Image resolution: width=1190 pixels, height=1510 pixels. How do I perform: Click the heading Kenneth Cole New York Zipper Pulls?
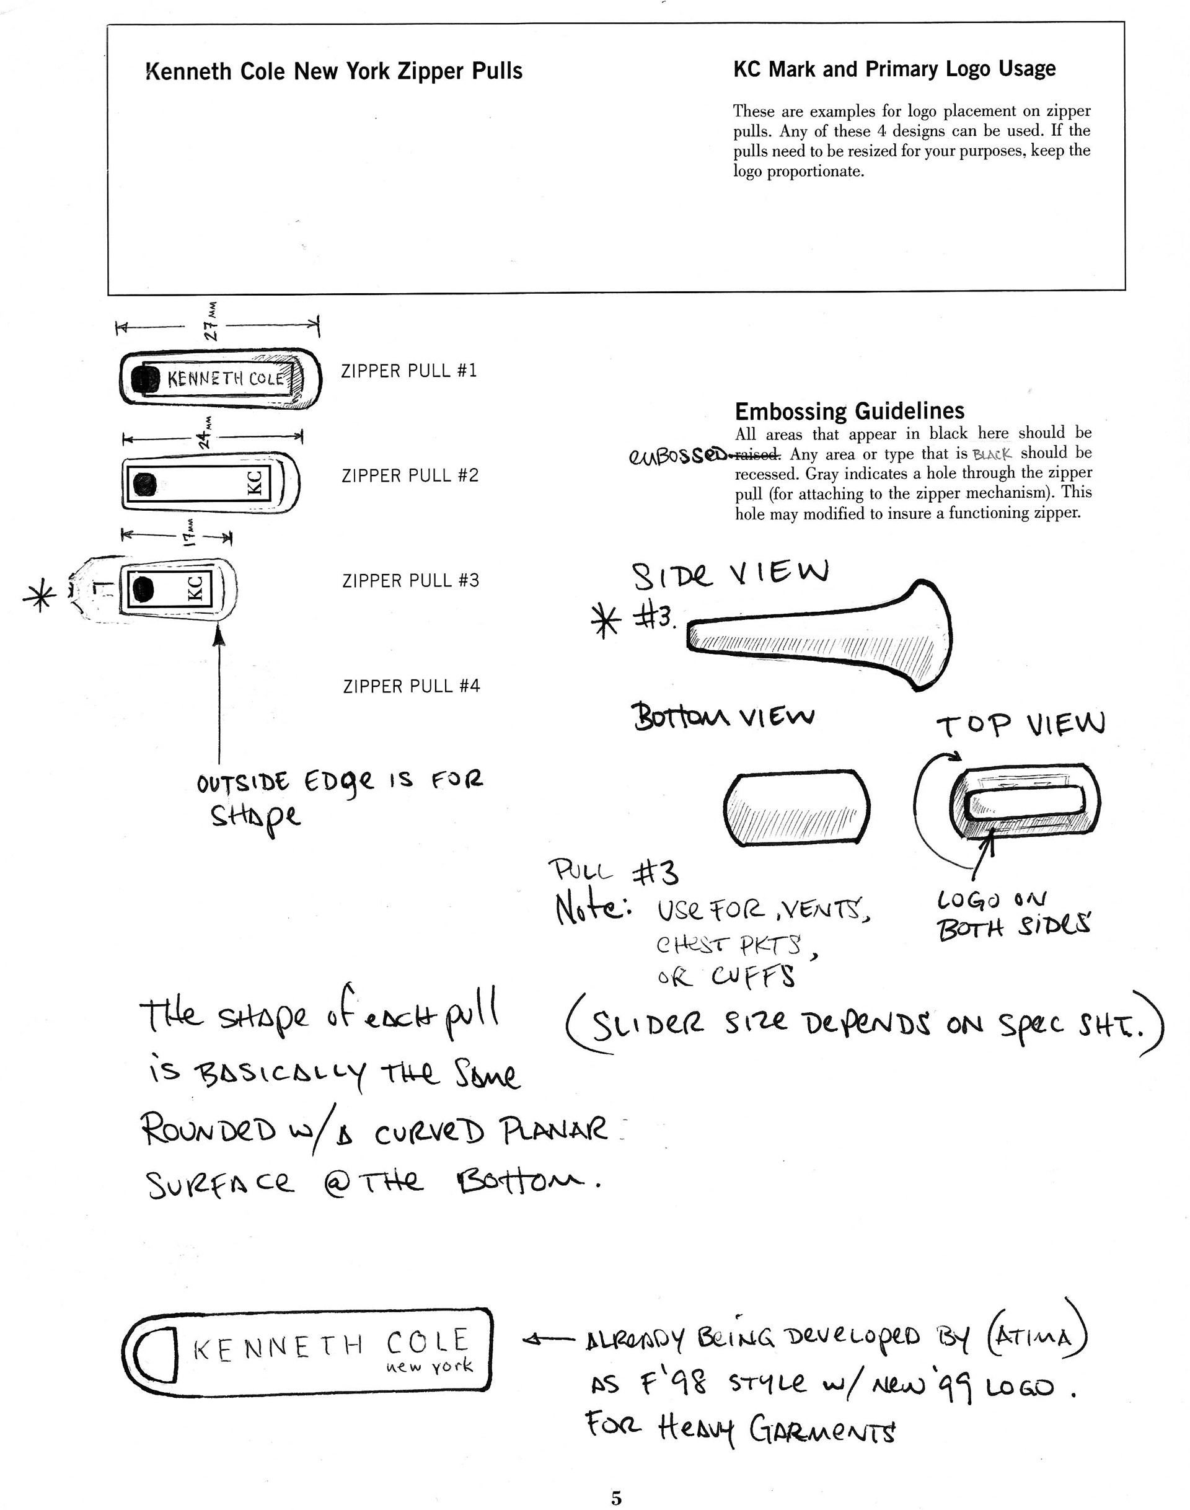point(333,71)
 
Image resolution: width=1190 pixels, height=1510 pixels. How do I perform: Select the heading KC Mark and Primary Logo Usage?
point(894,69)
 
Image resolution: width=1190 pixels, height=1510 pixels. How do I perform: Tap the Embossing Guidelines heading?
point(849,410)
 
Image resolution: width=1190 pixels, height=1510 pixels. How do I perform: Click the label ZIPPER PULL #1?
point(409,371)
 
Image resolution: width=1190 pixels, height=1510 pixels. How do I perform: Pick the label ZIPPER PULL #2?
point(410,475)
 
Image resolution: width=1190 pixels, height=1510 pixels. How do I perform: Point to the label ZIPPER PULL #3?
point(410,580)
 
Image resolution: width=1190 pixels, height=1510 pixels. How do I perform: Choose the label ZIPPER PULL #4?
point(411,686)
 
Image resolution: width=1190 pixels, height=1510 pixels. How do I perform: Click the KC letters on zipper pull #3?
point(196,588)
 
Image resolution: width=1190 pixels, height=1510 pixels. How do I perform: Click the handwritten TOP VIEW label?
point(1020,725)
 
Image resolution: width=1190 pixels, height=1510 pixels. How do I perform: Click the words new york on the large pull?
point(429,1366)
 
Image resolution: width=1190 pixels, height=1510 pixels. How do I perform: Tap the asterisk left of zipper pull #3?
point(40,597)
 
